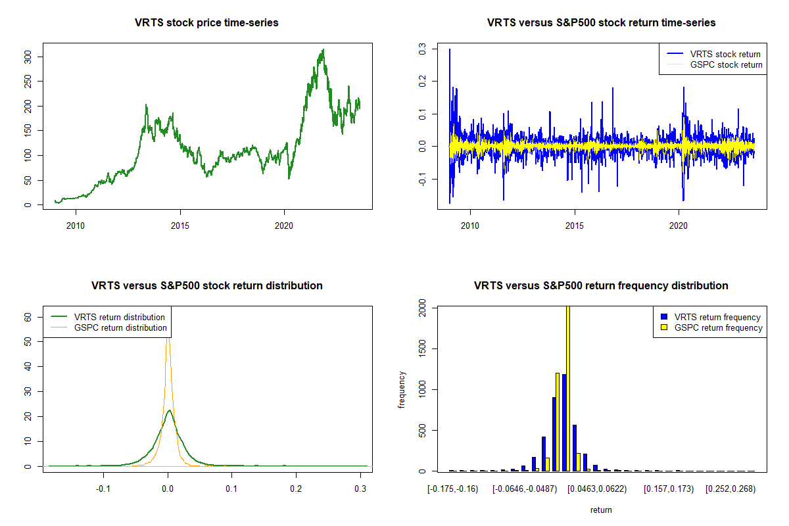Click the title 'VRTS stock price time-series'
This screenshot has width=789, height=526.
pyautogui.click(x=206, y=23)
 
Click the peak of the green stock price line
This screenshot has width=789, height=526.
pyautogui.click(x=323, y=49)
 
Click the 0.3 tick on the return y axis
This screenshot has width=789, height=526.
pyautogui.click(x=422, y=49)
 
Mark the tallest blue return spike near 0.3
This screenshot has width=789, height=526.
pyautogui.click(x=450, y=50)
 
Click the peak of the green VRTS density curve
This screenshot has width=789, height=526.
pyautogui.click(x=169, y=410)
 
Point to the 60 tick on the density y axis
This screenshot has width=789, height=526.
pyautogui.click(x=28, y=316)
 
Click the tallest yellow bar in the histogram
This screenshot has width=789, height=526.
pyautogui.click(x=567, y=388)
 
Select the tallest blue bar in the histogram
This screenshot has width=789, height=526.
pyautogui.click(x=563, y=422)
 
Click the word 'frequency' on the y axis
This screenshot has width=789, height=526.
pyautogui.click(x=402, y=390)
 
